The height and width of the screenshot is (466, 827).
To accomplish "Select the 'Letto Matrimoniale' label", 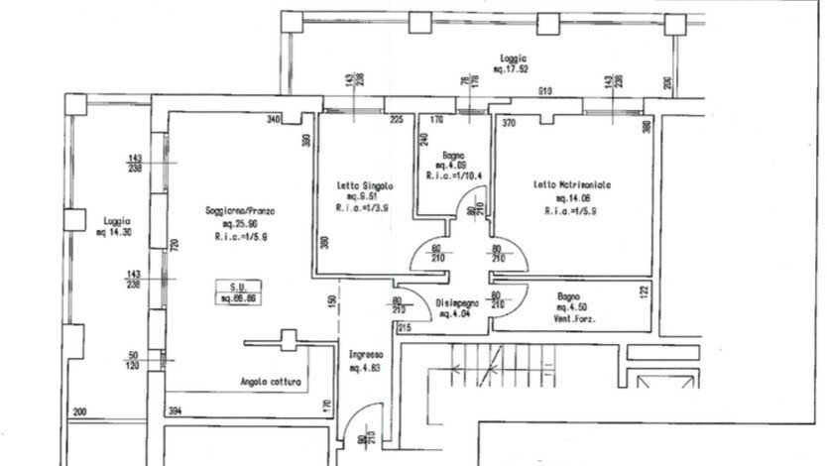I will (x=571, y=185).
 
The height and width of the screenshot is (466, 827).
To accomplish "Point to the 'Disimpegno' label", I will (x=457, y=303).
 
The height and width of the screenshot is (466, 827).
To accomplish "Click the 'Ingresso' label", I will (x=366, y=354).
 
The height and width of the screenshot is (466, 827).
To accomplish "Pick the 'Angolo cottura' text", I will (x=271, y=382).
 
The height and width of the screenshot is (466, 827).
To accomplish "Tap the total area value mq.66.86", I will (x=238, y=297).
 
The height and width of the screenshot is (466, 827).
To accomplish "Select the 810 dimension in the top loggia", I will (x=544, y=92).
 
